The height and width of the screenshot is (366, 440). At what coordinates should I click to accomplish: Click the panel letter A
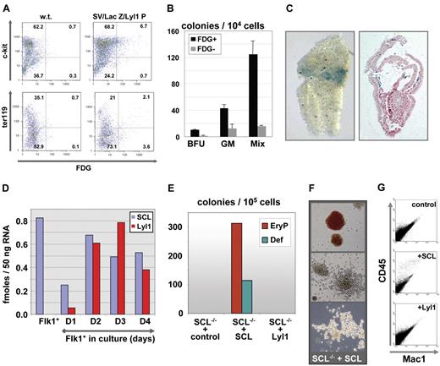(x=8, y=8)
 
